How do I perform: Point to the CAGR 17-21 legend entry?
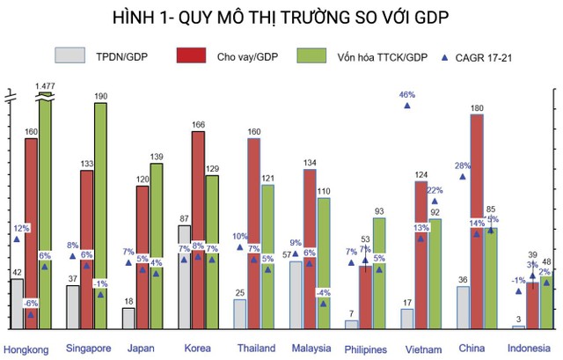tap(474, 57)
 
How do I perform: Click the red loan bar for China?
tap(477, 220)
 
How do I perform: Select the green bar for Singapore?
tap(100, 216)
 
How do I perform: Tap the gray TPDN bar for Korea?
tap(184, 276)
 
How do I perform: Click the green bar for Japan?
tap(157, 246)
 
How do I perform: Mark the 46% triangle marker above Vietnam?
tap(407, 106)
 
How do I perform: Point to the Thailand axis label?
tap(256, 348)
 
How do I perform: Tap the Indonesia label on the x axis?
tap(530, 348)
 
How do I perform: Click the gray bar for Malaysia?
tap(296, 295)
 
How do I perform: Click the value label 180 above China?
tap(478, 108)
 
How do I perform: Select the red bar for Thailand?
tap(253, 233)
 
